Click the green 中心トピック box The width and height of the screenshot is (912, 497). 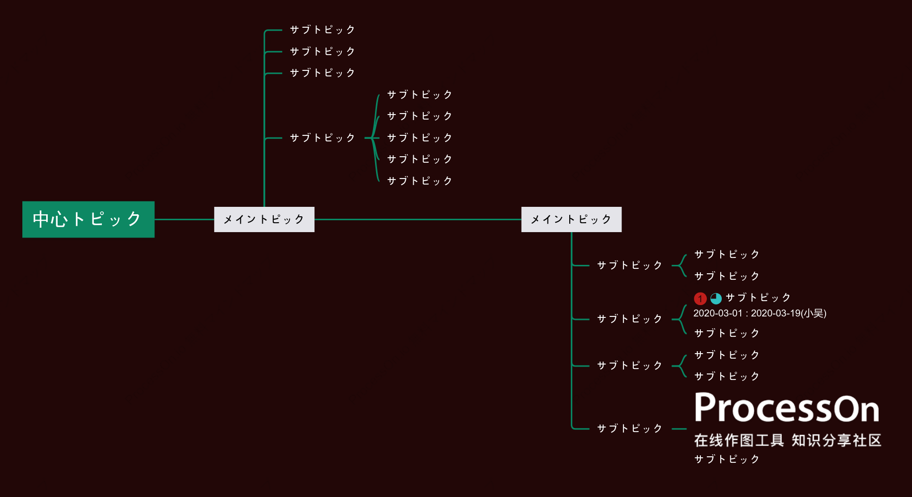click(88, 219)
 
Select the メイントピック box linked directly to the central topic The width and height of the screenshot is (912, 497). click(264, 219)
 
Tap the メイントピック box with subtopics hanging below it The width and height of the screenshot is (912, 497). click(571, 219)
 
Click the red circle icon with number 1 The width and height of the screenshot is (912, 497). click(700, 298)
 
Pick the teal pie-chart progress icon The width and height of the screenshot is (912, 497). click(716, 298)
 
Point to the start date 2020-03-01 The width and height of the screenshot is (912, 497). click(718, 313)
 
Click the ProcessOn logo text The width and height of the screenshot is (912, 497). click(787, 408)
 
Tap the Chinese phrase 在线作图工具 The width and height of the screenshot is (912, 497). click(739, 440)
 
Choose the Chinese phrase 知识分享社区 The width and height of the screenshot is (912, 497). click(836, 440)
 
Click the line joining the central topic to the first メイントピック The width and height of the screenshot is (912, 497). click(184, 219)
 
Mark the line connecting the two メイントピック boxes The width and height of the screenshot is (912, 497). click(418, 219)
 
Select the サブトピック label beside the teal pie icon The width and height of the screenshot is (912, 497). click(758, 298)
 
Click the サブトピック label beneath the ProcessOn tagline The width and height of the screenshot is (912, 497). click(727, 459)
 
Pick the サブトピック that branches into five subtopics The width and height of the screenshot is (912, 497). click(322, 138)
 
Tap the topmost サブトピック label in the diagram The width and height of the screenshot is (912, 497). click(322, 30)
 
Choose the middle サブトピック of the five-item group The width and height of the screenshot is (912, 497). click(420, 138)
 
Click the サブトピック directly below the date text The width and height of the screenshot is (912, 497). click(727, 333)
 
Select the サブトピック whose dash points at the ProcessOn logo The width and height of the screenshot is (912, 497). click(629, 429)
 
